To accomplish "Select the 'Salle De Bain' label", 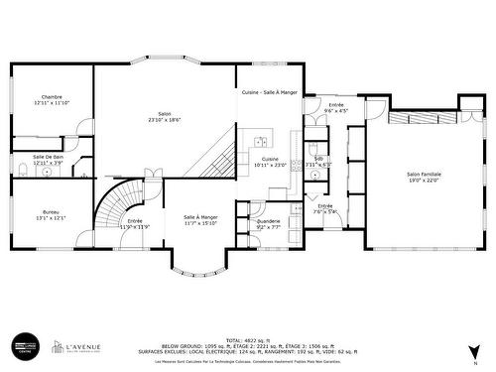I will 48,157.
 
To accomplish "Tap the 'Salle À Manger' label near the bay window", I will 200,217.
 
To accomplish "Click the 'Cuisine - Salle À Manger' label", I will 269,92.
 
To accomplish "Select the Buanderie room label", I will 268,221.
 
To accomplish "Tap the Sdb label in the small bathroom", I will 318,159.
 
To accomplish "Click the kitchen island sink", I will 260,140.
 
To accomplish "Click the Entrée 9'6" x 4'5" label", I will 336,108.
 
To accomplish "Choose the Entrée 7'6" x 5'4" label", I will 325,208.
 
